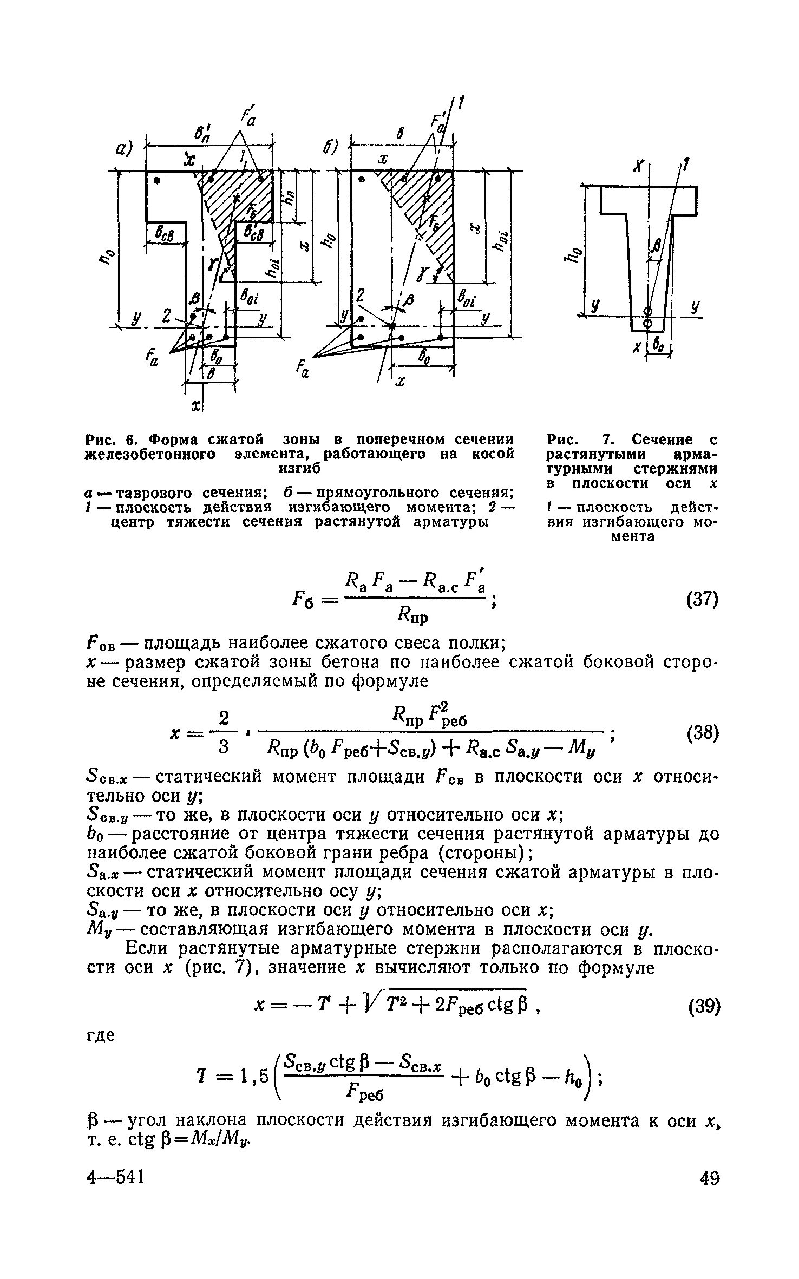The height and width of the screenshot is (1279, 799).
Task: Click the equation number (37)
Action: [x=702, y=600]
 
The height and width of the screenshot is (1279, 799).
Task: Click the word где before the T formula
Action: [x=101, y=1035]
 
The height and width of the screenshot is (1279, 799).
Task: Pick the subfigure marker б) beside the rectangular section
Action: [x=330, y=146]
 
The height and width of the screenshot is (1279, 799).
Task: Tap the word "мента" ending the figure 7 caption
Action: [x=633, y=536]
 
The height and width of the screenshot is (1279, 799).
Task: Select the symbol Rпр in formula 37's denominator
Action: [x=412, y=615]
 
